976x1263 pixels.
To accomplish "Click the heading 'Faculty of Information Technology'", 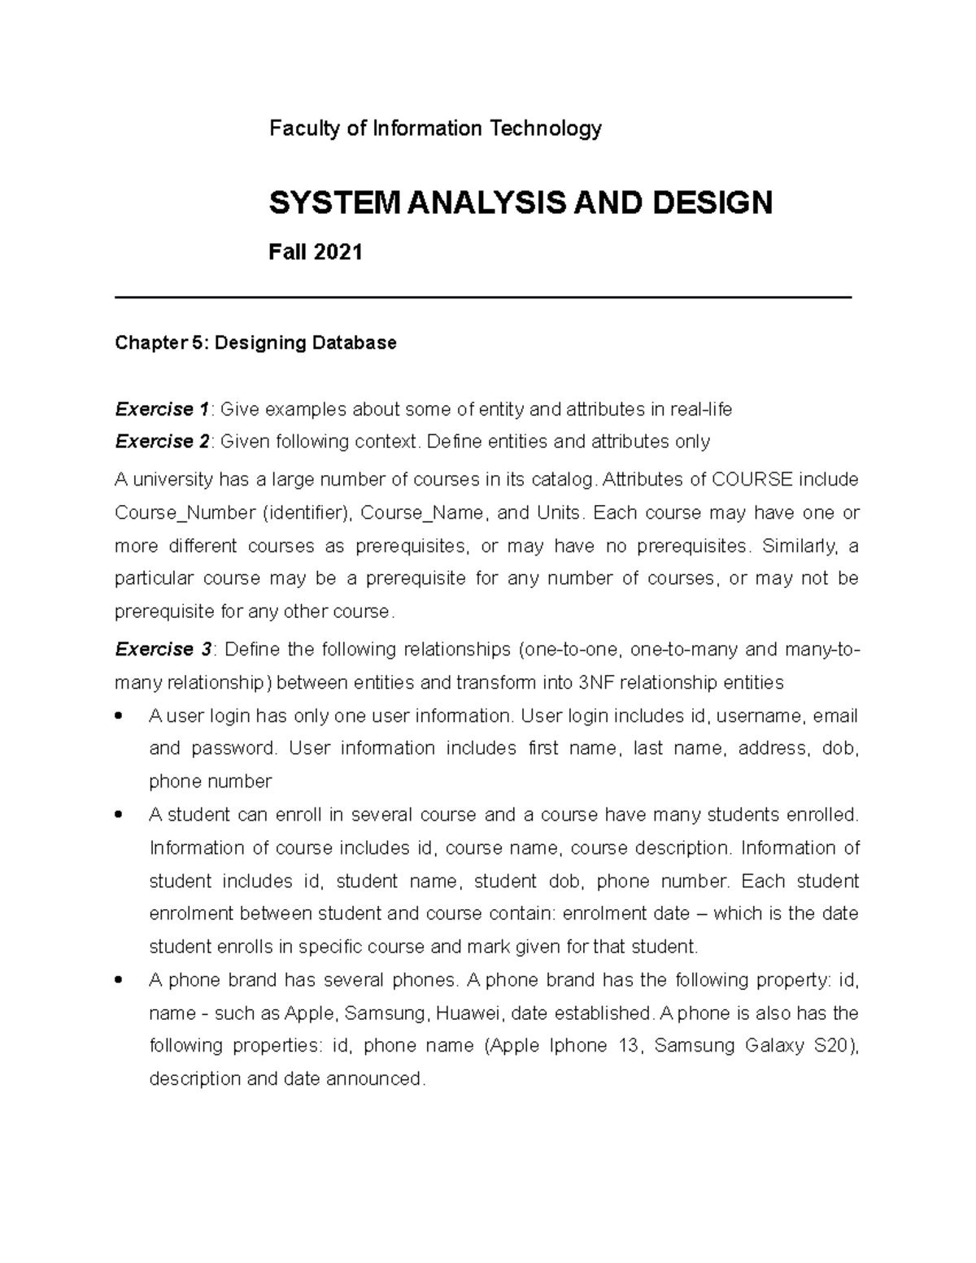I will click(435, 128).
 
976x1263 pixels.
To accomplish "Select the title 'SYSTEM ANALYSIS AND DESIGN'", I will click(521, 203).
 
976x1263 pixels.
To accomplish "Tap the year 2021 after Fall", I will click(338, 253).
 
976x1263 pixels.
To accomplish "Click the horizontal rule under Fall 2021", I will click(483, 298).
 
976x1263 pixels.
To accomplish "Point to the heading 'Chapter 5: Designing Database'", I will click(255, 343).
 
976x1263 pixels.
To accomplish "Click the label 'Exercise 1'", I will click(162, 409).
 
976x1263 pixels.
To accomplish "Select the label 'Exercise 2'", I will click(162, 442).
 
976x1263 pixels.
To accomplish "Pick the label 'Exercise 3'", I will click(163, 649).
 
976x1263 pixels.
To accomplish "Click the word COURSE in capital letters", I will click(752, 480).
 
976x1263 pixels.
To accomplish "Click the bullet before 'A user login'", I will click(120, 716).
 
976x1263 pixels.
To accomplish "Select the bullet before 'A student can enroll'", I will click(120, 815).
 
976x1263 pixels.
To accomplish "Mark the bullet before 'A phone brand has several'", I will click(120, 980).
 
